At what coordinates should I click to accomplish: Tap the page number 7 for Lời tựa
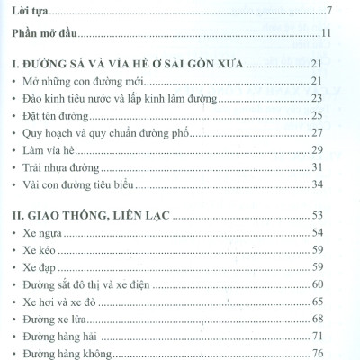331,11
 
